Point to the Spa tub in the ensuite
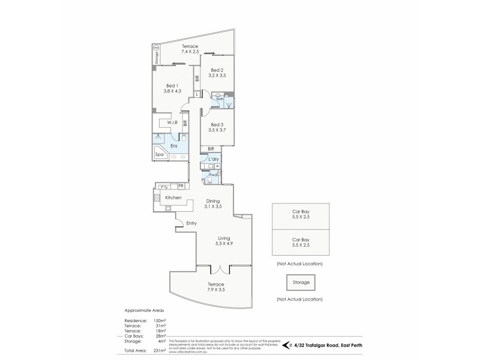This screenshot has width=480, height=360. click(160, 154)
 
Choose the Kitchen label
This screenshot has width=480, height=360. click(173, 197)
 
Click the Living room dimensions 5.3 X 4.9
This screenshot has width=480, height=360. click(223, 244)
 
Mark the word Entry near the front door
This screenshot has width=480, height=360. click(191, 223)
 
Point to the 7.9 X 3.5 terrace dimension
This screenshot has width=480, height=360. click(215, 289)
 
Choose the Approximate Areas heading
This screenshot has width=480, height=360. click(143, 311)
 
